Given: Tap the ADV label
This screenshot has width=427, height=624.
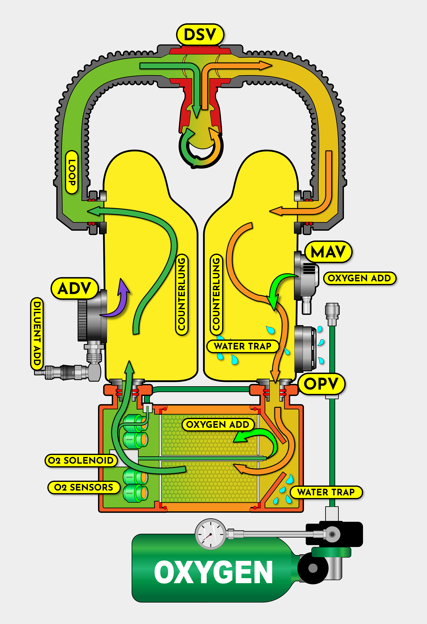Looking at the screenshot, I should click(74, 288).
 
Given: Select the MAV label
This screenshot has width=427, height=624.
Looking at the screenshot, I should click(328, 252).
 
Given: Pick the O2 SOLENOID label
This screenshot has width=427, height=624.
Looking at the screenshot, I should click(81, 460).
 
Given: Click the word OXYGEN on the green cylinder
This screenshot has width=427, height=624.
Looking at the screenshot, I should click(213, 572).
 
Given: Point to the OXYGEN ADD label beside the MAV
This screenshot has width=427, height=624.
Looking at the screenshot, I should click(359, 278).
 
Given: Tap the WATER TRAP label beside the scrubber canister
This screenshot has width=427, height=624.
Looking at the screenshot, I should click(326, 492).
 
